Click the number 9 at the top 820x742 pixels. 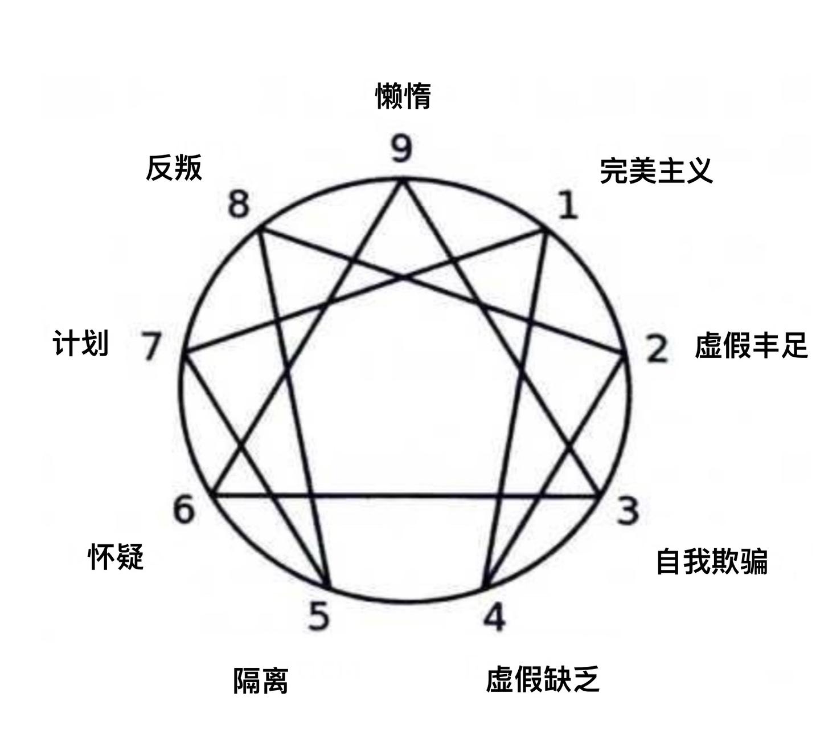point(401,149)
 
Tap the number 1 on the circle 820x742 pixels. point(569,205)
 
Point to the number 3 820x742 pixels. point(628,511)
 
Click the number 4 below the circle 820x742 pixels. point(494,617)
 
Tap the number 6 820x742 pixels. point(184,509)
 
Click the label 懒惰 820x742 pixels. point(403,96)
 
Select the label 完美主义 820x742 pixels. point(657,170)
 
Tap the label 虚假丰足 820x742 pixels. point(751,345)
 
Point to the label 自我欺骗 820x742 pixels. point(712,561)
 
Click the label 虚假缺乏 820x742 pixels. point(543,679)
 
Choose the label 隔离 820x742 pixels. point(261,680)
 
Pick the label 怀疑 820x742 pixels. point(116,557)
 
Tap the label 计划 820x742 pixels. point(80,343)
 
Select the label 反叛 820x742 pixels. point(174,168)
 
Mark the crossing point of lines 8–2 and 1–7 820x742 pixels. point(403,278)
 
